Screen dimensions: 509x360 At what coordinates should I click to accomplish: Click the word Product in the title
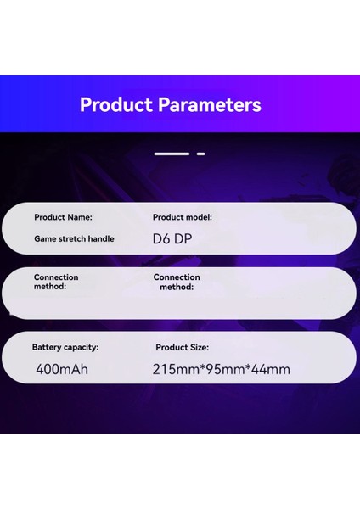[115, 105]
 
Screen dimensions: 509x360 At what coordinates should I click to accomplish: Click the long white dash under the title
[172, 154]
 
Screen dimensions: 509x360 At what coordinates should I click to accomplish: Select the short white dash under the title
[201, 154]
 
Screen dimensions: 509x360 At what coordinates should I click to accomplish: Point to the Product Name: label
[64, 217]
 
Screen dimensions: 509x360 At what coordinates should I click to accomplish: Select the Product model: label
[183, 217]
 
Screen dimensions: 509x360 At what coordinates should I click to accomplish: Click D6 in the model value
[161, 239]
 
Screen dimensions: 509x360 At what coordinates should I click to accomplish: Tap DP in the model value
[183, 239]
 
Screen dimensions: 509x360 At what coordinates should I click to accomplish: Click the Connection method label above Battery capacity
[56, 282]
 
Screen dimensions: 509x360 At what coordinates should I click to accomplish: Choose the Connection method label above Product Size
[177, 282]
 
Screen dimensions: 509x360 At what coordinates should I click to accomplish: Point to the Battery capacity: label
[65, 347]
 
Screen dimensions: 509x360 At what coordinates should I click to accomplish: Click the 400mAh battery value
[62, 369]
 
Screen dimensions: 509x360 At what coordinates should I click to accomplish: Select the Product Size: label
[183, 347]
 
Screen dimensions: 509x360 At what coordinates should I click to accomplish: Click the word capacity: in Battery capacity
[82, 347]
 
